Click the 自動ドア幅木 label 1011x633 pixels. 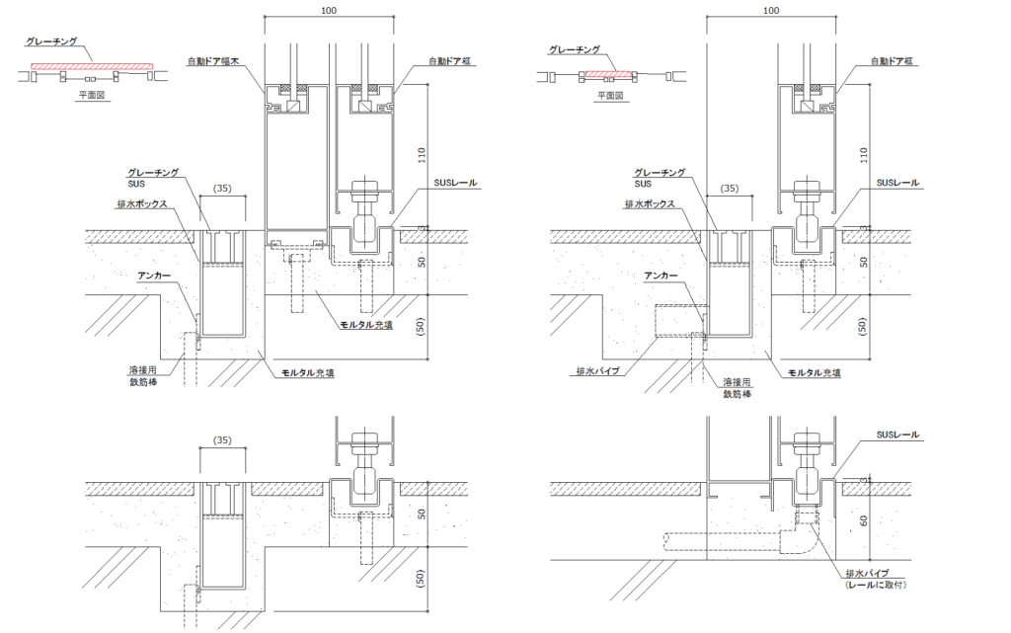click(214, 62)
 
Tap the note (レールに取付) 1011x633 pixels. click(876, 585)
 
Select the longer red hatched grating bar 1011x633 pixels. click(92, 66)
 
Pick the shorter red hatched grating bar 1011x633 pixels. click(609, 75)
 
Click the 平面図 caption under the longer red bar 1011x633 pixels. click(92, 95)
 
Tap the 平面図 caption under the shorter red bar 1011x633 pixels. click(610, 96)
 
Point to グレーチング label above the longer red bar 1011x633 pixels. click(51, 41)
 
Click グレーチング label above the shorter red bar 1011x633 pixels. click(575, 49)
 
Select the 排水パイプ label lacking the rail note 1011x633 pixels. click(597, 371)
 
